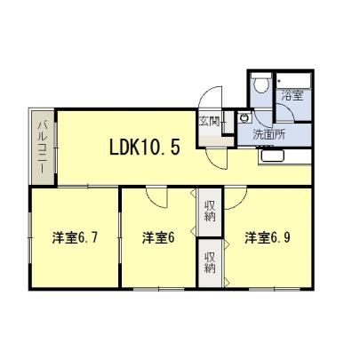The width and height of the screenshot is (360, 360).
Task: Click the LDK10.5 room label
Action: coord(145,148)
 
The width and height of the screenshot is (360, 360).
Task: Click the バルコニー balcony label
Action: coord(43,147)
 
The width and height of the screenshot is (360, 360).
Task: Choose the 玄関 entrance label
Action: coord(210,121)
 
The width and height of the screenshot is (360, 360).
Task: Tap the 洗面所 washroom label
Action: coord(268,135)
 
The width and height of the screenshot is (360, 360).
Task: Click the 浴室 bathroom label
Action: coord(292,95)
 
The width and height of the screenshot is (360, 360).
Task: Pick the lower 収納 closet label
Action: coord(210,262)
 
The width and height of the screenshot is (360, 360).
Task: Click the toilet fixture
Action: coord(261,83)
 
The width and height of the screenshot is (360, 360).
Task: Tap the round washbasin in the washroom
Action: coord(244,118)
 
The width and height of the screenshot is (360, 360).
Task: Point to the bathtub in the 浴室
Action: coord(293,80)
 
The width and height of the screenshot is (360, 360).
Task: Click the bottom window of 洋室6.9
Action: coord(275,289)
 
